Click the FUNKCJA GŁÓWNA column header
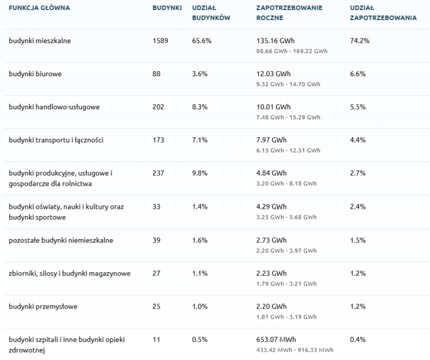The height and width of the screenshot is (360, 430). pyautogui.click(x=39, y=8)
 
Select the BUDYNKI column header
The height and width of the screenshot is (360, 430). pyautogui.click(x=167, y=8)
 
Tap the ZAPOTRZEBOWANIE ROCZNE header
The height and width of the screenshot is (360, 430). pyautogui.click(x=289, y=13)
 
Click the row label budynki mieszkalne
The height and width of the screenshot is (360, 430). pyautogui.click(x=40, y=41)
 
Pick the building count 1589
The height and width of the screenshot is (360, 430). pyautogui.click(x=160, y=41)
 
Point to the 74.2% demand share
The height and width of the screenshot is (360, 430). pyautogui.click(x=359, y=41)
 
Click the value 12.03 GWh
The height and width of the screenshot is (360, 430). pyautogui.click(x=273, y=74)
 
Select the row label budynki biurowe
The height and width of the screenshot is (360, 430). pyautogui.click(x=35, y=74)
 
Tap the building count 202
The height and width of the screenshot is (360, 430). pyautogui.click(x=158, y=107)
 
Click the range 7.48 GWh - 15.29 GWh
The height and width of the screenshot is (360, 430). pyautogui.click(x=288, y=118)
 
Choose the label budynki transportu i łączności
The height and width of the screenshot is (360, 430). pyautogui.click(x=56, y=140)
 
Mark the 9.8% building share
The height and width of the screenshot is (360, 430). pyautogui.click(x=200, y=173)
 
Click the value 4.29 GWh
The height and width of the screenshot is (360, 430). pyautogui.click(x=271, y=207)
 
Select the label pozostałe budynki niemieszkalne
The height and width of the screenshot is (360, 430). pyautogui.click(x=61, y=240)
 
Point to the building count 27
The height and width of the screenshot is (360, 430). pyautogui.click(x=156, y=273)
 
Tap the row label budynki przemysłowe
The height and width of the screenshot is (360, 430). pyautogui.click(x=43, y=307)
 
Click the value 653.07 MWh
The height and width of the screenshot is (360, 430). pyautogui.click(x=276, y=339)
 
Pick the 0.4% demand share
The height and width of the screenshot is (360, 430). pyautogui.click(x=358, y=339)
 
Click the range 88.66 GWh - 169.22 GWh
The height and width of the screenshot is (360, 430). pyautogui.click(x=292, y=52)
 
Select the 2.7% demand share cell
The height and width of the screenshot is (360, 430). pyautogui.click(x=358, y=173)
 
